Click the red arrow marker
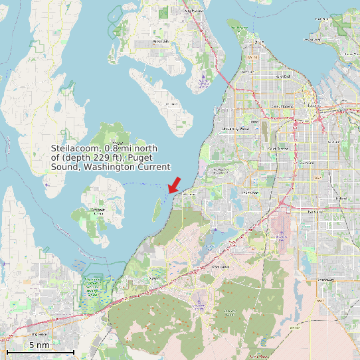click(x=175, y=184)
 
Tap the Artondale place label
click(x=161, y=41)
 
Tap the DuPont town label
click(x=155, y=278)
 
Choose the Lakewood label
click(x=250, y=193)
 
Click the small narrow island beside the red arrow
click(x=157, y=209)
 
